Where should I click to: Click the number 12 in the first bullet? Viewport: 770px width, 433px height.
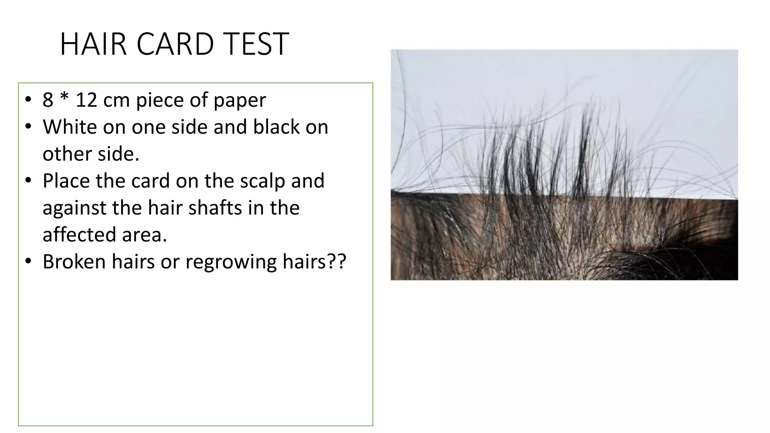[86, 100]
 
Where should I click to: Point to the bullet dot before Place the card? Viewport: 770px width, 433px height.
[28, 181]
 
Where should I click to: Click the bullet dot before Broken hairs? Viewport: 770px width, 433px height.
[28, 262]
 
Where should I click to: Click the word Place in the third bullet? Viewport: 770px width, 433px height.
[66, 181]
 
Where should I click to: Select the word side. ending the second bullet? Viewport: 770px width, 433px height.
[118, 154]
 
